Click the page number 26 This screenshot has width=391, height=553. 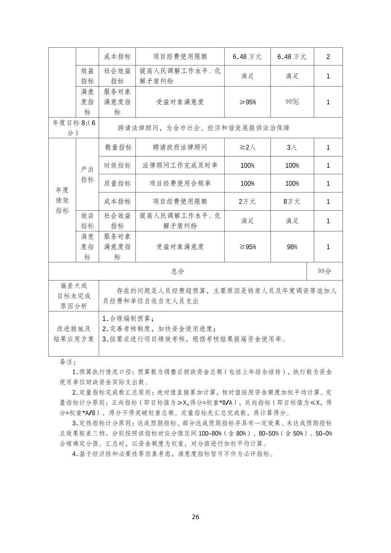pyautogui.click(x=195, y=517)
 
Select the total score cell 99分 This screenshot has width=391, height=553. pyautogui.click(x=324, y=271)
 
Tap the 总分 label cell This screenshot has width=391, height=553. pyautogui.click(x=178, y=271)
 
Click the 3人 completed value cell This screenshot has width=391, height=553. pyautogui.click(x=292, y=147)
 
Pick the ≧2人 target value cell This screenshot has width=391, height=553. pyautogui.click(x=247, y=147)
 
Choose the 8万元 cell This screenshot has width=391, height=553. pyautogui.click(x=292, y=202)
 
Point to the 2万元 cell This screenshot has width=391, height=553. pyautogui.click(x=247, y=202)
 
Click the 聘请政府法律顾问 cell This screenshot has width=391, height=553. pyautogui.click(x=180, y=147)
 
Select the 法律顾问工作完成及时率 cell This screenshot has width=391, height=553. pyautogui.click(x=180, y=166)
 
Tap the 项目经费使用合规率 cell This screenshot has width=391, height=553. pyautogui.click(x=180, y=183)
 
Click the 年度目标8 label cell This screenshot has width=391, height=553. pyautogui.click(x=74, y=128)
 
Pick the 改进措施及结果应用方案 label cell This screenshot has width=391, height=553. pyautogui.click(x=74, y=334)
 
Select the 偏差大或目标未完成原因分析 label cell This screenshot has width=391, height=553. pyautogui.click(x=74, y=296)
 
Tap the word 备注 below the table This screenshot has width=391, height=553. pyautogui.click(x=68, y=362)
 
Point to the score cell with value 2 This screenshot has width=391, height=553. pyautogui.click(x=328, y=57)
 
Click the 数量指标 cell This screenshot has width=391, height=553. pyautogui.click(x=117, y=147)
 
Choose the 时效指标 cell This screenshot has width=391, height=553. pyautogui.click(x=117, y=166)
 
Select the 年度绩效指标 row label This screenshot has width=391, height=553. pyautogui.click(x=62, y=200)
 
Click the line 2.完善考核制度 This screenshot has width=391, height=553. pyautogui.click(x=159, y=329)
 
